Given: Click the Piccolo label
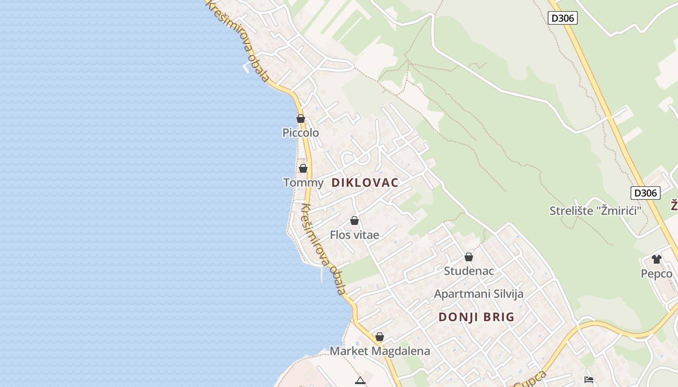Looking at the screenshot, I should (301, 133).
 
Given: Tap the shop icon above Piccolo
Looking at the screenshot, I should (301, 119).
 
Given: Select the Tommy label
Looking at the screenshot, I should (303, 182).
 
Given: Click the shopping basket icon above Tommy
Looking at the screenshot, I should (303, 168).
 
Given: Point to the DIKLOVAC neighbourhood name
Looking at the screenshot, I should (365, 183).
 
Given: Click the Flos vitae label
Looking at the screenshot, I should (354, 235).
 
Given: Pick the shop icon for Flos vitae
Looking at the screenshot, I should (354, 221).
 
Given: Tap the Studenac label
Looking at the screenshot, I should (469, 271).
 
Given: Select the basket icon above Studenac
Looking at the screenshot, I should (469, 257).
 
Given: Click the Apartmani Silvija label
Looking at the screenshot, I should (478, 294).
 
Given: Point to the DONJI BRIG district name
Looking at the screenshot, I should (476, 317).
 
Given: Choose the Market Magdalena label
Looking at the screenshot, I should (380, 351).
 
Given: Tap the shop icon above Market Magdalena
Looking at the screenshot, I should (380, 337).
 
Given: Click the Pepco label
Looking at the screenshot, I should (657, 274).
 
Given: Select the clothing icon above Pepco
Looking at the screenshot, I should (657, 259).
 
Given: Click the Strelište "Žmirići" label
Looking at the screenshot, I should (595, 211).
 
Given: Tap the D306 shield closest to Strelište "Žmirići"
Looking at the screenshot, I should (646, 193).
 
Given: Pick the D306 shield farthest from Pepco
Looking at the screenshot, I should (563, 18).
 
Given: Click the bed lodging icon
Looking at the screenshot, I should (589, 380).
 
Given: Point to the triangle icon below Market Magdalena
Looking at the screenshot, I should (360, 381).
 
